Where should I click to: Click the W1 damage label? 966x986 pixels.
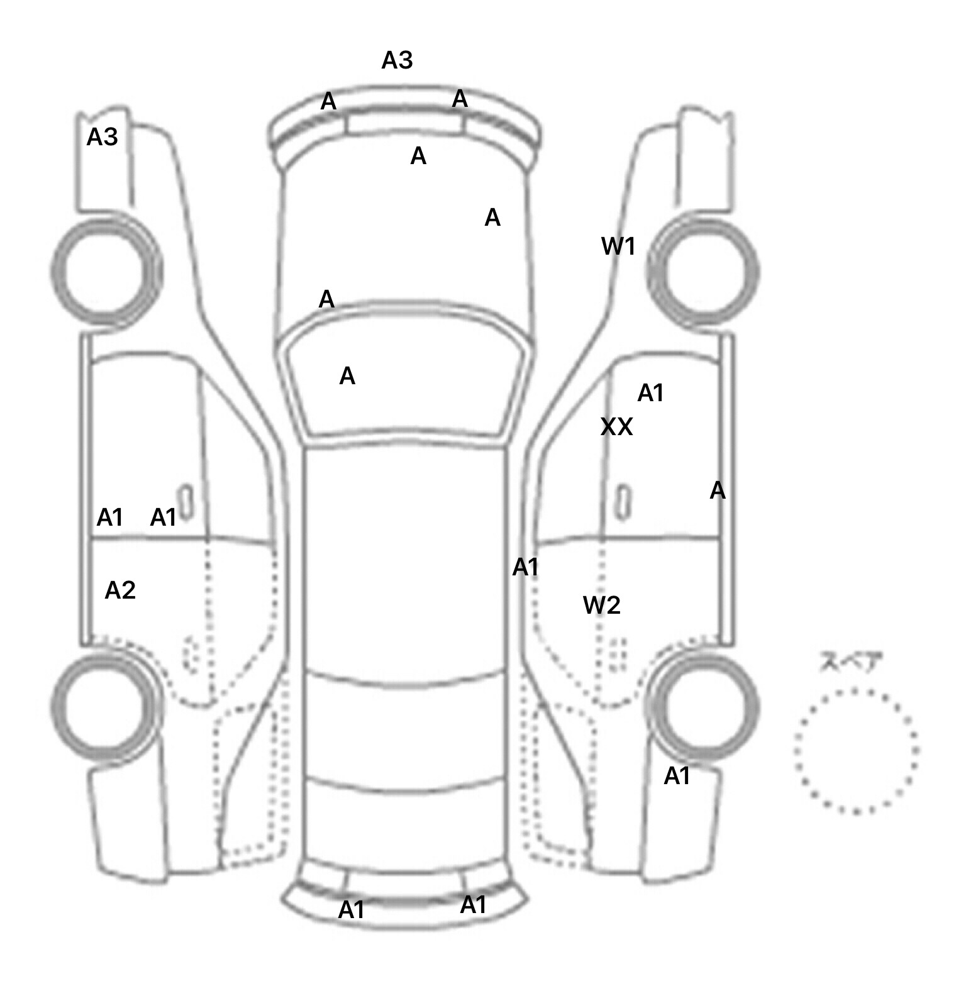(x=618, y=246)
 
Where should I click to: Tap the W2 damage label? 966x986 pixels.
(x=601, y=605)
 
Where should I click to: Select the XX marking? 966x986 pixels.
(x=616, y=427)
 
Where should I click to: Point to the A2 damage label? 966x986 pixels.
(x=120, y=590)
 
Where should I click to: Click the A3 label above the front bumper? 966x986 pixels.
(x=397, y=60)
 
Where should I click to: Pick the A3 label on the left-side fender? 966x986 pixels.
(x=102, y=136)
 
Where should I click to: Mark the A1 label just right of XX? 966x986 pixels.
(x=650, y=393)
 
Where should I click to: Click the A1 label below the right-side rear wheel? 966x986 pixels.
(x=677, y=777)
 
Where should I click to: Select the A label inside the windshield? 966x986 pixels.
(x=347, y=376)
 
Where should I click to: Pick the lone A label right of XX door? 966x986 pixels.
(x=717, y=490)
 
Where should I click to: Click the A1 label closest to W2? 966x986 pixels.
(x=525, y=567)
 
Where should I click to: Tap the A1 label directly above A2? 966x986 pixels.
(x=109, y=518)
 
